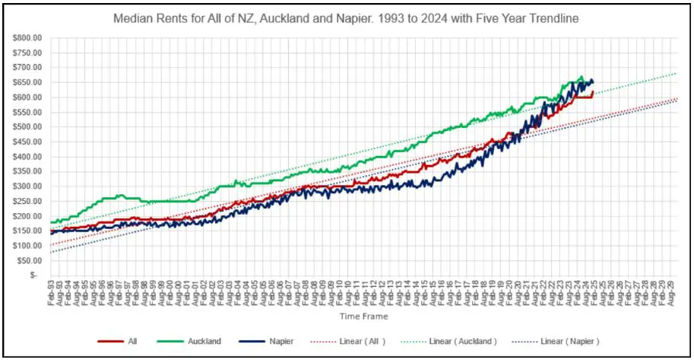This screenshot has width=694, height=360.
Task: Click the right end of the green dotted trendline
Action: coord(677,73)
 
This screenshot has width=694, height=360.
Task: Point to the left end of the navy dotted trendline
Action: coord(51,253)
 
